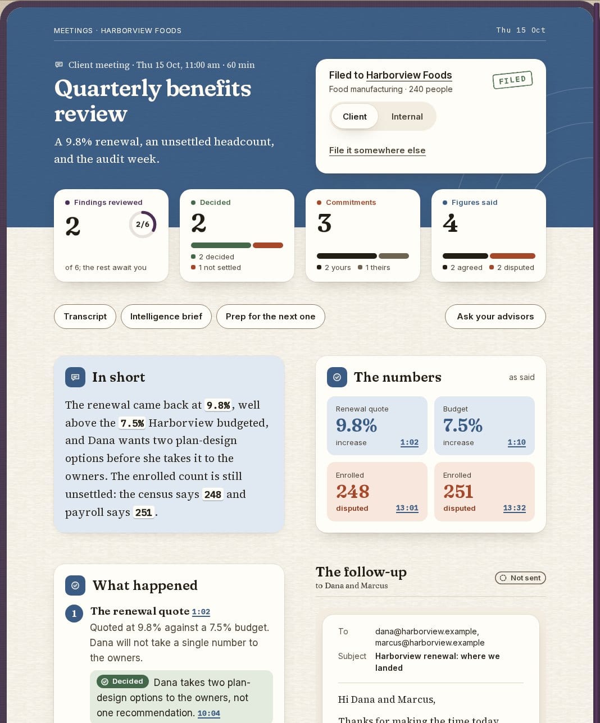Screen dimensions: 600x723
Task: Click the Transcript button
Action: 85,317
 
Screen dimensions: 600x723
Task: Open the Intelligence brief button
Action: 166,317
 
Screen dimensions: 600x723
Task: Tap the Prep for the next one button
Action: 270,317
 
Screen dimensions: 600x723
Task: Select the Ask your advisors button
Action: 495,317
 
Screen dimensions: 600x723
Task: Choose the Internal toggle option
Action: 407,117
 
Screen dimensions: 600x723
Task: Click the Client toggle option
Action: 354,117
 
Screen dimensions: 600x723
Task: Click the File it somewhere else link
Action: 377,150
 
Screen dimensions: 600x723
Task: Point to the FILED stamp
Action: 512,80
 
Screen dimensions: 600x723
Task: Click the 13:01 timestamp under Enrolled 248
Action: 407,508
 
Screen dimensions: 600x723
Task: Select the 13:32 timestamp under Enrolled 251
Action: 515,508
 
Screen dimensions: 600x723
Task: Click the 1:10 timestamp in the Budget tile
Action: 516,442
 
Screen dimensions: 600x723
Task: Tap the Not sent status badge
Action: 520,578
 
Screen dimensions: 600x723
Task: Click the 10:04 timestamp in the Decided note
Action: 208,713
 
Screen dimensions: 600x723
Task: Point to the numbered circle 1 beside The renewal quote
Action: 74,614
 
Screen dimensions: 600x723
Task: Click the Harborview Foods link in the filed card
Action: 409,75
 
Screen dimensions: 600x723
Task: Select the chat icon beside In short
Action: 75,377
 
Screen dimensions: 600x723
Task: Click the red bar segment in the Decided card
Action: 268,245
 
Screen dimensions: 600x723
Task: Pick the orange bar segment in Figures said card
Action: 512,256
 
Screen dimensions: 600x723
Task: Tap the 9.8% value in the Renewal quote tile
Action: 356,425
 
